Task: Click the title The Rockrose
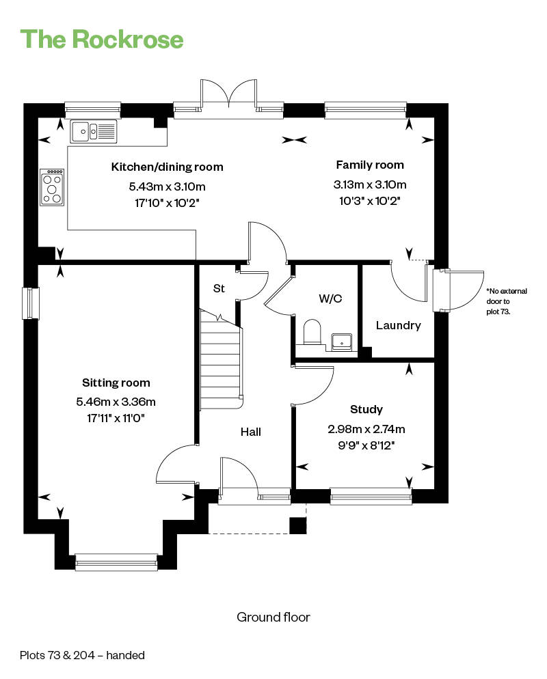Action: pyautogui.click(x=102, y=39)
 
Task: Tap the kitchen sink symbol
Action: pyautogui.click(x=94, y=131)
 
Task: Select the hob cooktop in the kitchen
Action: pyautogui.click(x=52, y=187)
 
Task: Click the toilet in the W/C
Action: pyautogui.click(x=312, y=332)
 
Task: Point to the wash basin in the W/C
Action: pyautogui.click(x=342, y=342)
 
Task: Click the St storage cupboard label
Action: pyautogui.click(x=219, y=288)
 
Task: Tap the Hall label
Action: pyautogui.click(x=251, y=432)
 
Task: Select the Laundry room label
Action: pyautogui.click(x=399, y=325)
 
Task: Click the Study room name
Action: pyautogui.click(x=366, y=409)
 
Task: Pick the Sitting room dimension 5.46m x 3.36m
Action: pyautogui.click(x=116, y=402)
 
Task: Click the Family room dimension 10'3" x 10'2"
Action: pyautogui.click(x=369, y=201)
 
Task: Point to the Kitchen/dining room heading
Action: pyautogui.click(x=168, y=167)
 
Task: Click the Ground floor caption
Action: pyautogui.click(x=273, y=617)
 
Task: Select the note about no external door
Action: pyautogui.click(x=506, y=301)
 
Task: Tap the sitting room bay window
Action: pyautogui.click(x=116, y=562)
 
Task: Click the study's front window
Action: pyautogui.click(x=371, y=496)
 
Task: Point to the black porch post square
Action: pyautogui.click(x=297, y=525)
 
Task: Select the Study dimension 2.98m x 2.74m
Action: pyautogui.click(x=366, y=429)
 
